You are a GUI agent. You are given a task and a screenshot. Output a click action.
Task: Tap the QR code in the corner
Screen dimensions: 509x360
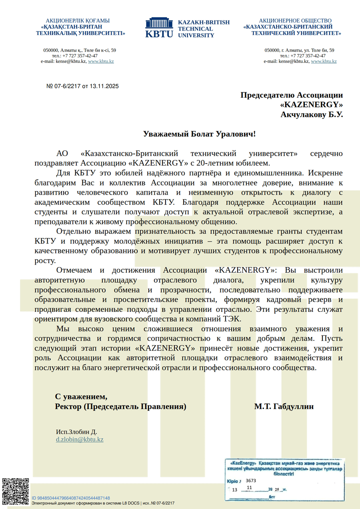[16, 491]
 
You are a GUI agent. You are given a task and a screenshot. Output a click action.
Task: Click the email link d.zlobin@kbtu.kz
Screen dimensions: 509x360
[80, 439]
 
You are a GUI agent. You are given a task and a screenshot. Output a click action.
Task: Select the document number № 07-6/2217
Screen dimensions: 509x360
[64, 86]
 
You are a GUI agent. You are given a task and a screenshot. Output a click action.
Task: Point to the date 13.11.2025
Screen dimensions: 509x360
[104, 86]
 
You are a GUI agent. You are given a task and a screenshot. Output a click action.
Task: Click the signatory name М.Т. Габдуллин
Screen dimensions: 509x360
[284, 407]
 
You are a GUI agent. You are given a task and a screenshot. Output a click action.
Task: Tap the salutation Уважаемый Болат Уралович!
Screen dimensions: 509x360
[199, 134]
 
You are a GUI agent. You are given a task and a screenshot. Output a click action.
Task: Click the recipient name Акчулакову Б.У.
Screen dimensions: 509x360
[312, 114]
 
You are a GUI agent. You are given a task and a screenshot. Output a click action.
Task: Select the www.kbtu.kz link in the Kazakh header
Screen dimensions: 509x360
[101, 62]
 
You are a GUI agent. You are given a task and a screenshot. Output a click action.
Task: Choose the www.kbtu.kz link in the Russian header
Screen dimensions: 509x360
[324, 62]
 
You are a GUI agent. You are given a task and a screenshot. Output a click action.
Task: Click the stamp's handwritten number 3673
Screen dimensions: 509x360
[251, 481]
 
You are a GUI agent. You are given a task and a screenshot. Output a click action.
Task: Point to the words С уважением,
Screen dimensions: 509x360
[81, 397]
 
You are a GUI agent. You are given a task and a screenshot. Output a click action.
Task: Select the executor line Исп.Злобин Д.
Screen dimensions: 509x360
[76, 432]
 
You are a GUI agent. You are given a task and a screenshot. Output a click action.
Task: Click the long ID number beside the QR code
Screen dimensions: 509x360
[71, 498]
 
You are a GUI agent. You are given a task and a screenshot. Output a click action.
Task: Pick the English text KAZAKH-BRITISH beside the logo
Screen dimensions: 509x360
[204, 22]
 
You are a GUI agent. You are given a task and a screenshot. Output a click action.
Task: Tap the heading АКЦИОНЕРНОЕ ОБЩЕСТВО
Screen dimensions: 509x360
[295, 21]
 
